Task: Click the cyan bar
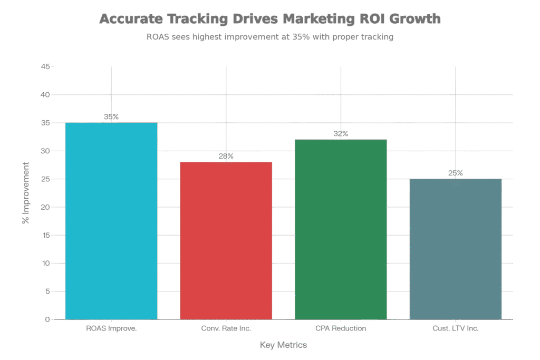[111, 221]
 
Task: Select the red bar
[226, 240]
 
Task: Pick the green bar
[341, 229]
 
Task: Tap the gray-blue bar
[456, 249]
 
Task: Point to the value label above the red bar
[226, 156]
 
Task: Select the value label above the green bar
[341, 134]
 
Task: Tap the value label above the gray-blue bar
[456, 173]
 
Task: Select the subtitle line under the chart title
[269, 38]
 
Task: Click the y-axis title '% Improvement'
[25, 193]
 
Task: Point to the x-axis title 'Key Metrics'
[283, 346]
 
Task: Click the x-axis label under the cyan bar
[111, 328]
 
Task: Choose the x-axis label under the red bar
[226, 328]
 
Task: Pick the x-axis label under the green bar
[341, 328]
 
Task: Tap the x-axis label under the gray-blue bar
[456, 328]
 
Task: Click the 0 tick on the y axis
[47, 319]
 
